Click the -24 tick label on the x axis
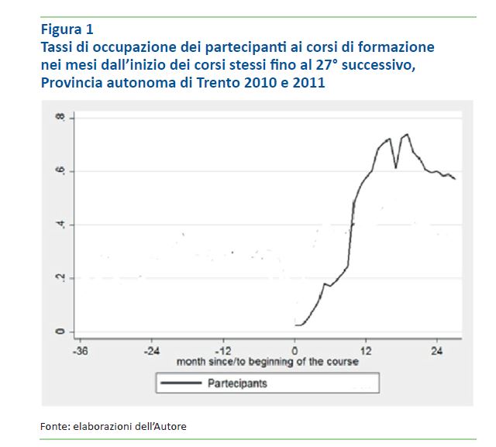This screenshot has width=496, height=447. click(150, 349)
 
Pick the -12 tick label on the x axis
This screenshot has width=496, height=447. click(222, 349)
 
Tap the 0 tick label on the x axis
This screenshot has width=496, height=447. click(295, 349)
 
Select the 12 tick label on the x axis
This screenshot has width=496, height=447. click(367, 349)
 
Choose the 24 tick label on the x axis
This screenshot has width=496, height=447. click(438, 349)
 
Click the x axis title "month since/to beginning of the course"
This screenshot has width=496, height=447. click(267, 362)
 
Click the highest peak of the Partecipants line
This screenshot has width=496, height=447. click(407, 135)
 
